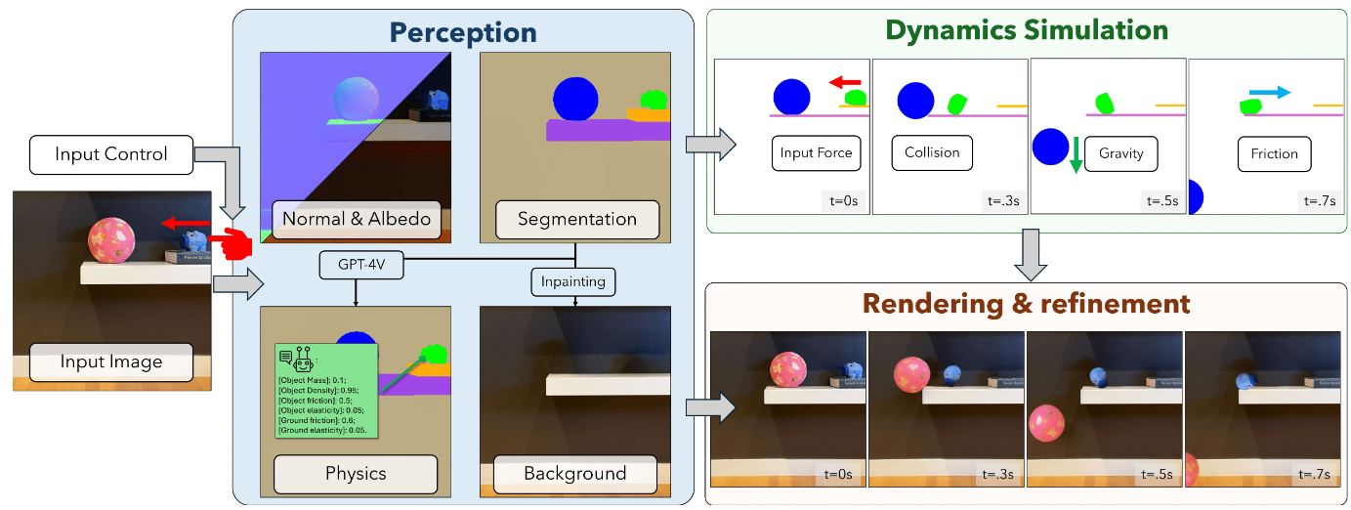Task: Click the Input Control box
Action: click(111, 154)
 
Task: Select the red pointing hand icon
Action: click(230, 242)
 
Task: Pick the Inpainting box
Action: click(574, 282)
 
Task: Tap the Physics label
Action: click(356, 474)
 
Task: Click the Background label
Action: click(575, 474)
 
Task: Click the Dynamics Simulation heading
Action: click(1027, 30)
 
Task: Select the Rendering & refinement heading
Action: click(1027, 303)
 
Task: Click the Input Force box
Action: click(816, 153)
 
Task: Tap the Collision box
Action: click(932, 153)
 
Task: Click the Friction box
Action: click(1274, 154)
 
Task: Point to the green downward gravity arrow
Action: click(1076, 154)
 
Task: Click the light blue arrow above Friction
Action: click(1270, 93)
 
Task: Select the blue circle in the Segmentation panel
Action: click(574, 98)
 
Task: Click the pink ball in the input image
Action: click(110, 240)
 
